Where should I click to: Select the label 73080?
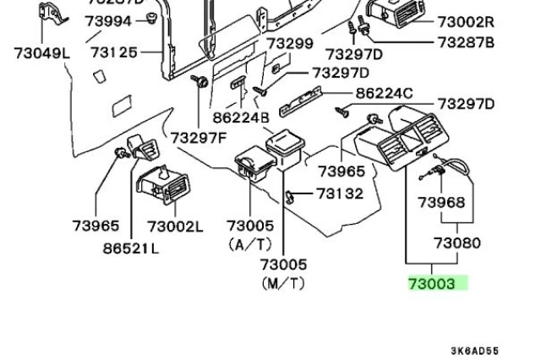(457, 243)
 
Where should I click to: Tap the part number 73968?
(441, 203)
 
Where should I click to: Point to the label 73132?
(340, 194)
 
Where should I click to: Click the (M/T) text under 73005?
(283, 284)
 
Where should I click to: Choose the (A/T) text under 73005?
(250, 244)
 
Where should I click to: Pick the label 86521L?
(131, 248)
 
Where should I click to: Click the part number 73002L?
(175, 226)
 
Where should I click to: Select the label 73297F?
(199, 137)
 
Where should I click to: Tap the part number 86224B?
(241, 118)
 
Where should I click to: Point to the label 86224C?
(384, 94)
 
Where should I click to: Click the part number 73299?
(290, 43)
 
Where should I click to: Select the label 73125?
(113, 52)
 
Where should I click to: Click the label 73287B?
(466, 42)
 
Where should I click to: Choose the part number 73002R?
(466, 22)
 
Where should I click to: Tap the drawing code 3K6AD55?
(474, 351)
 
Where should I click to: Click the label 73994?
(108, 22)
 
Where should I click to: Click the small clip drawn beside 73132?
(290, 197)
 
